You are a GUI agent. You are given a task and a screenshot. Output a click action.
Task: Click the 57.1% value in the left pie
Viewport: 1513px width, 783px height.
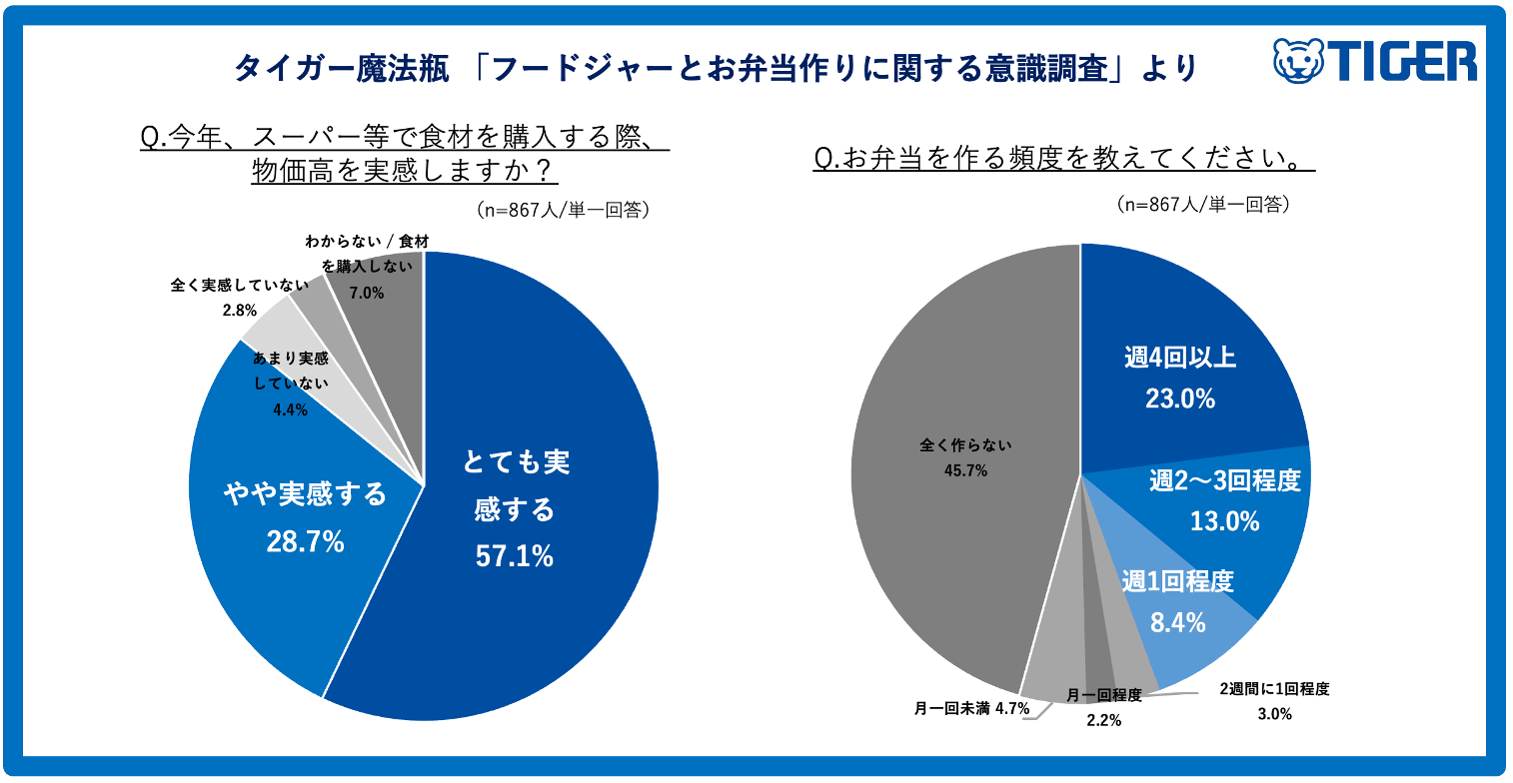pos(514,556)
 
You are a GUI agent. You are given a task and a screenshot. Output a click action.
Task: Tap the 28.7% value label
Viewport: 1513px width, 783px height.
pos(305,541)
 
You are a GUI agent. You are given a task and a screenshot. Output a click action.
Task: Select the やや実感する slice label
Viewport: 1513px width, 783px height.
pos(305,494)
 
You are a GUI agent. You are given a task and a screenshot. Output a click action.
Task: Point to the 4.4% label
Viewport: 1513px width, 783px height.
pos(290,408)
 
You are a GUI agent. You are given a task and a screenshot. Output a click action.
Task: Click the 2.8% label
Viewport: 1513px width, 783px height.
pos(241,312)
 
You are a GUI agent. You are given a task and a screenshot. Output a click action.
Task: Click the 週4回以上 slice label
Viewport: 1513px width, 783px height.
pos(1179,357)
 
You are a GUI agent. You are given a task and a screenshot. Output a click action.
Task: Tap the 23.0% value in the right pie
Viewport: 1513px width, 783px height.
pos(1179,399)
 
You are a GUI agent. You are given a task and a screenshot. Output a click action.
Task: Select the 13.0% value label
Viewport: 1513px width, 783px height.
pos(1224,520)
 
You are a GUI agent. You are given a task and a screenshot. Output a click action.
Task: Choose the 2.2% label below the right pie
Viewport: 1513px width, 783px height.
pos(1103,720)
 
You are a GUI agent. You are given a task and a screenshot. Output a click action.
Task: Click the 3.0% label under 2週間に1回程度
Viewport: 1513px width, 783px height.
pos(1274,713)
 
